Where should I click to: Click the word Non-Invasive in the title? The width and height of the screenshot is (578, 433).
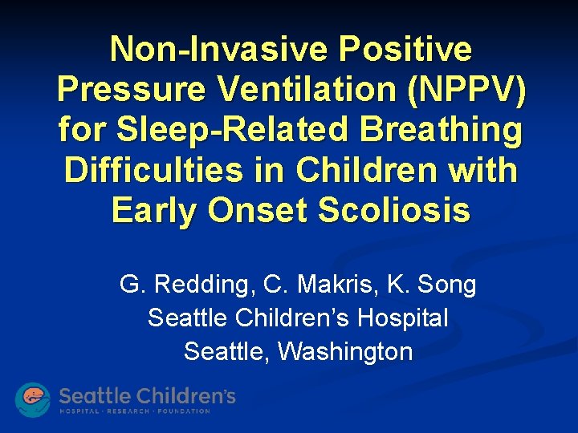point(218,49)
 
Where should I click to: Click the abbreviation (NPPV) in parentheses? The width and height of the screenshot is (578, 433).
point(468,89)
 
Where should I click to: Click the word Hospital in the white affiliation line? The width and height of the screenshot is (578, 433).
point(402,318)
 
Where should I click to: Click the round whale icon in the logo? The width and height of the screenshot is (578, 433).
point(33,399)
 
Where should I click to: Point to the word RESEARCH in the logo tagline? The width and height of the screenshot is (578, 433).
point(136,411)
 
